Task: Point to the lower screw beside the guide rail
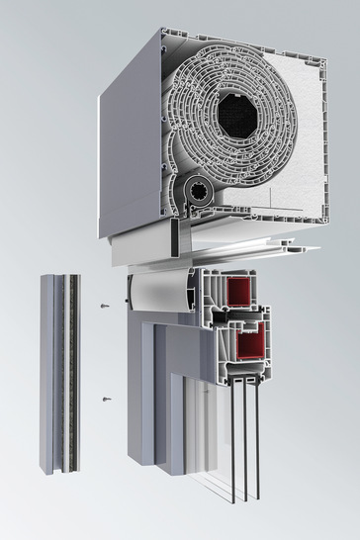[106, 400]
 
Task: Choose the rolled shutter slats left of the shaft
[193, 119]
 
